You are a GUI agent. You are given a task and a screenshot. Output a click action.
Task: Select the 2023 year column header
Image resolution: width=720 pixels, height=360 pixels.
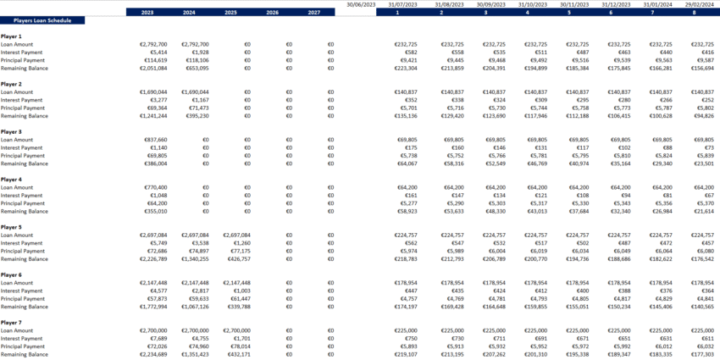(147, 13)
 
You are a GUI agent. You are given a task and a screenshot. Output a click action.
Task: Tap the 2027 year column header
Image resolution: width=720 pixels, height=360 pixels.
(313, 13)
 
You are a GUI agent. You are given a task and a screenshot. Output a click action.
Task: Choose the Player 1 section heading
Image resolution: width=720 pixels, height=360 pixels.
(12, 36)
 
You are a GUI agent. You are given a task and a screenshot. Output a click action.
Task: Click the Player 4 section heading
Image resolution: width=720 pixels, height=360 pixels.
(12, 180)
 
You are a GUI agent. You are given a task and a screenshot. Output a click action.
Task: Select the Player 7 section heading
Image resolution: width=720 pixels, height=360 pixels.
(12, 323)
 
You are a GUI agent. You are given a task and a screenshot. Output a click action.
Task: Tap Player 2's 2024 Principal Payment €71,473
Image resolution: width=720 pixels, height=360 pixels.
(196, 108)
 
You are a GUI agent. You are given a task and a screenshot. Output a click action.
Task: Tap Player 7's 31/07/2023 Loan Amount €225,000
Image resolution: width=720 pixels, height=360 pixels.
(409, 330)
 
